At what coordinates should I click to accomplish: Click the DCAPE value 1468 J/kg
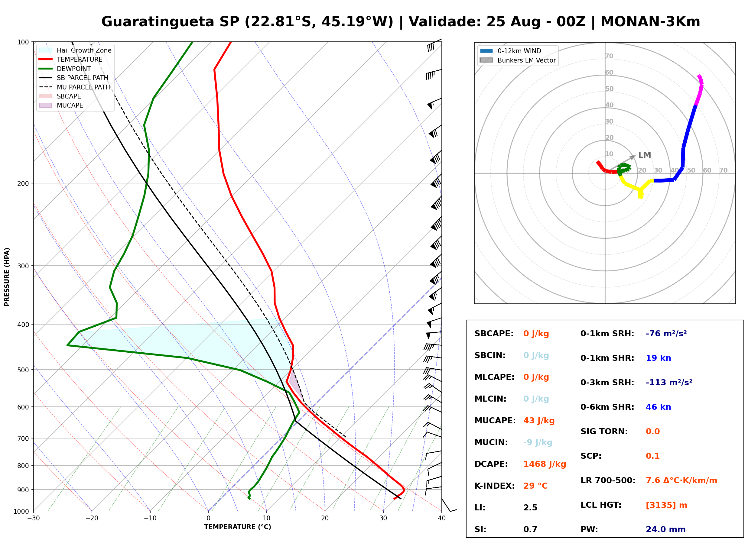click(x=545, y=464)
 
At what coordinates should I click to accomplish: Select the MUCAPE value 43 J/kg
click(x=539, y=421)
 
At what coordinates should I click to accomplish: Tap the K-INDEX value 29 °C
click(x=535, y=486)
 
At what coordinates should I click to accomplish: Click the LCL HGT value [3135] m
click(x=666, y=505)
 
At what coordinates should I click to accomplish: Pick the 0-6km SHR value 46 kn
click(x=658, y=407)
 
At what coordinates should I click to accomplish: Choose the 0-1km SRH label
click(x=607, y=334)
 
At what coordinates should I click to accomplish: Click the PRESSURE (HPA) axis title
click(x=7, y=277)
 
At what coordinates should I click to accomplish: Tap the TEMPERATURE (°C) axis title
click(x=238, y=527)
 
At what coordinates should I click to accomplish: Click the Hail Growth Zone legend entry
click(x=75, y=50)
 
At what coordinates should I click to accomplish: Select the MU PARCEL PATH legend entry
click(x=75, y=87)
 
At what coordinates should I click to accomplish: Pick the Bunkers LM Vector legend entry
click(x=518, y=60)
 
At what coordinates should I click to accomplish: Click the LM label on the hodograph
click(x=645, y=155)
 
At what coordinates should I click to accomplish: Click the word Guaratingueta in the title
click(x=158, y=22)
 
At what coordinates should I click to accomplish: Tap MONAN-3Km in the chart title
click(x=650, y=22)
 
